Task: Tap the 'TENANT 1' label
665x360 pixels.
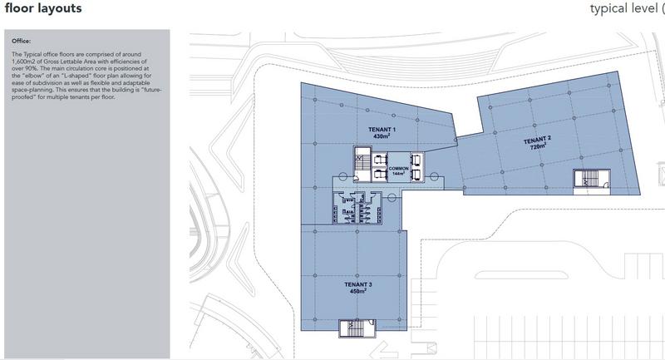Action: pos(382,130)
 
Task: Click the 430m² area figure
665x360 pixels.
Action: pos(382,136)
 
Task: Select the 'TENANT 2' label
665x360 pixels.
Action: pos(538,140)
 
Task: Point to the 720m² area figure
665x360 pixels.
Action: pos(538,147)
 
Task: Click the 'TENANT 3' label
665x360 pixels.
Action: pos(358,284)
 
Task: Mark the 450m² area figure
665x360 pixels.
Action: pos(358,291)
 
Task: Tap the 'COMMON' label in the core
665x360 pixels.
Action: pos(399,169)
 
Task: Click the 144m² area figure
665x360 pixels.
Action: pos(399,175)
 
